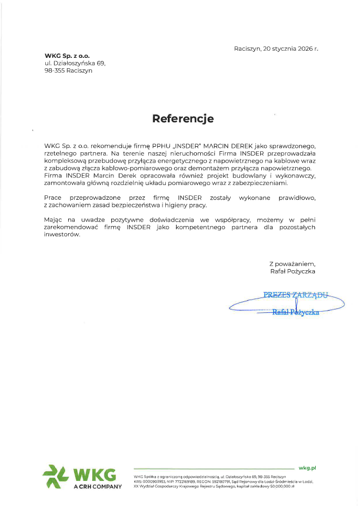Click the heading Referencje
point(183,118)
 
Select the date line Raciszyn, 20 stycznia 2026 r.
point(275,49)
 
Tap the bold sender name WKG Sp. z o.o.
point(67,56)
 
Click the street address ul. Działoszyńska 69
point(75,63)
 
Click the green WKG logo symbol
point(55,476)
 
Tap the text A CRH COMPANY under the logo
point(98,486)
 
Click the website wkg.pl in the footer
point(308,468)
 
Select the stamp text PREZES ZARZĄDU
point(296,295)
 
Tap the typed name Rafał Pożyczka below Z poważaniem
point(292,271)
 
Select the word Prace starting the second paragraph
point(53,197)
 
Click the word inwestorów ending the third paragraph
point(62,234)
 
